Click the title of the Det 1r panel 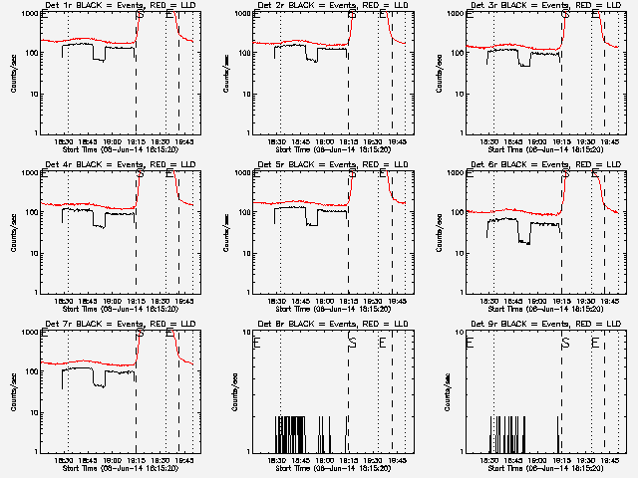[110, 6]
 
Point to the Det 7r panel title [110, 325]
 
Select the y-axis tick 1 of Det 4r [37, 293]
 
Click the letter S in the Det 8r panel [352, 343]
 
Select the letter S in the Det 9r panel [565, 343]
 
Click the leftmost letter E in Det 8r [257, 343]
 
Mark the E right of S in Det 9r [595, 343]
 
